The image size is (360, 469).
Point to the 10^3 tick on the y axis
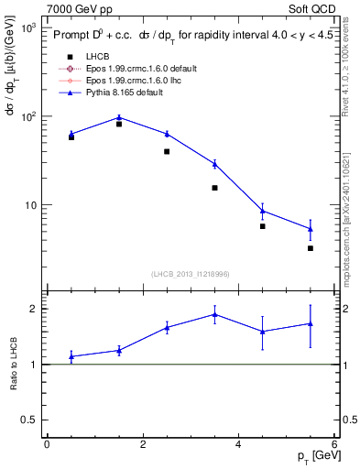(28, 28)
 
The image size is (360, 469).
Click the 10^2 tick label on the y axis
(28, 117)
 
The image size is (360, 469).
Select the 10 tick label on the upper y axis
(30, 205)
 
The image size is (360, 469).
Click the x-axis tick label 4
(238, 444)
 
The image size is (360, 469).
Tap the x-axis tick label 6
(334, 444)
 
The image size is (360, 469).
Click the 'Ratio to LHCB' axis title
(12, 363)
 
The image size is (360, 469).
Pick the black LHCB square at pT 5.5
(311, 248)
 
